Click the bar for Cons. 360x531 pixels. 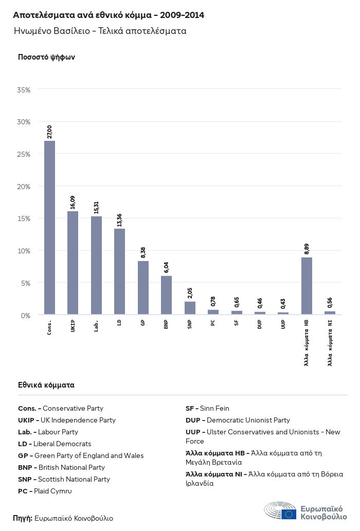(x=49, y=227)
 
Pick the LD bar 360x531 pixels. (x=119, y=271)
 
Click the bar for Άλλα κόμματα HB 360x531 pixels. (x=307, y=285)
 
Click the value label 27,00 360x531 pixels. (x=49, y=132)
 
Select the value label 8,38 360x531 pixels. (x=143, y=252)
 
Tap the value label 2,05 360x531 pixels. (x=190, y=293)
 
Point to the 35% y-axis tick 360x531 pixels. (x=24, y=90)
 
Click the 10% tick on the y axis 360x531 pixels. (x=24, y=251)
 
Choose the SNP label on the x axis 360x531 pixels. (x=190, y=325)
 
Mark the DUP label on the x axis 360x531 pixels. (x=260, y=325)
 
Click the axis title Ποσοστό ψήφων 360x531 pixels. (x=46, y=57)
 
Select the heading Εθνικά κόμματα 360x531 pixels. (x=46, y=384)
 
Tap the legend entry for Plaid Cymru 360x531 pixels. (x=45, y=491)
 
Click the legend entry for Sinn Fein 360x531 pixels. (x=207, y=408)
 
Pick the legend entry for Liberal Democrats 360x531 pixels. (x=55, y=444)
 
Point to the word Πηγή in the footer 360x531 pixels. (x=23, y=518)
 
